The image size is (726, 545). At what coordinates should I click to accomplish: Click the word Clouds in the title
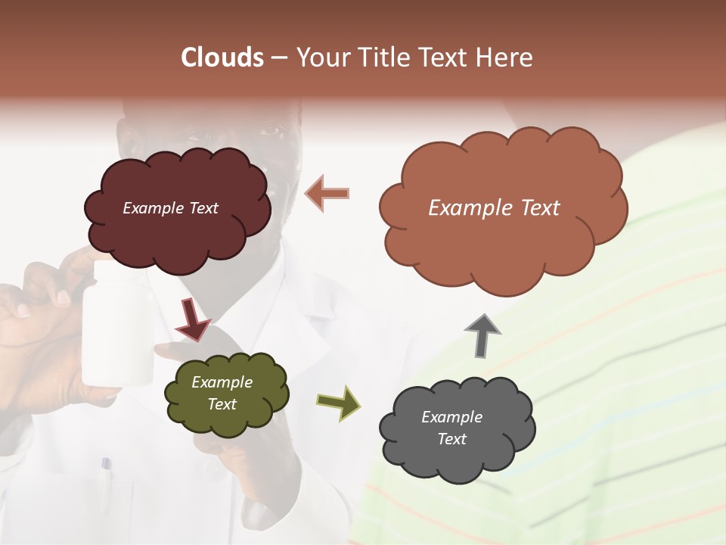point(222,58)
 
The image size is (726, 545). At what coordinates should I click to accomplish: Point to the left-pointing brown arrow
point(327,193)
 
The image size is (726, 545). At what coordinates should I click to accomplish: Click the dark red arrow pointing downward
point(193,318)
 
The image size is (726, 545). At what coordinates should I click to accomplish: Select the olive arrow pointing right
point(339,402)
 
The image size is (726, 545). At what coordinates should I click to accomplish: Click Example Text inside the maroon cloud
point(170,208)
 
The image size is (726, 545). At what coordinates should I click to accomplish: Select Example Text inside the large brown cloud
point(494,208)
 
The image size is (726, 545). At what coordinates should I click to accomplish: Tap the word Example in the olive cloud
point(222,382)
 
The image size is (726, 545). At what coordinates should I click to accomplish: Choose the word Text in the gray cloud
point(451,439)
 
